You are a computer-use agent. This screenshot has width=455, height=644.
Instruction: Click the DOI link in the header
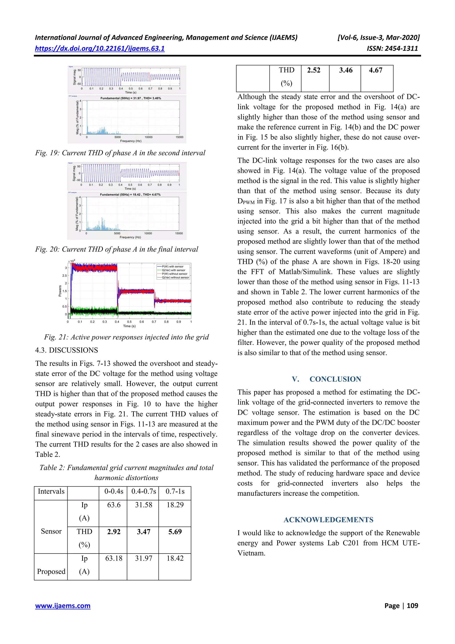point(100,48)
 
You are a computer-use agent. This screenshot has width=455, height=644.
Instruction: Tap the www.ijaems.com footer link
point(63,606)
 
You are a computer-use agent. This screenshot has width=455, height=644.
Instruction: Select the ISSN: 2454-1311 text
point(392,48)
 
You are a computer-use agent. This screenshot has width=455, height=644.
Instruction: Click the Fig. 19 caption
point(120,153)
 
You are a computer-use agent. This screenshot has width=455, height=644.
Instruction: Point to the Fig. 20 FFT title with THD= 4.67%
point(130,194)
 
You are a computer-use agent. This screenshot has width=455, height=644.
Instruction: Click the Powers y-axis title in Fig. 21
point(60,291)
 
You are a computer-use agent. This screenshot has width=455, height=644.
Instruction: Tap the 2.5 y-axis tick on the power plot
point(64,275)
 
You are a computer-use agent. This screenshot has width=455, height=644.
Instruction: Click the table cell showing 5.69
point(175,532)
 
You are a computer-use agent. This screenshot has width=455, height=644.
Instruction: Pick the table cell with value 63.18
point(114,558)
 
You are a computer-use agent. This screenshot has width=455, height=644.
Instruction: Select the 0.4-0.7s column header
point(144,492)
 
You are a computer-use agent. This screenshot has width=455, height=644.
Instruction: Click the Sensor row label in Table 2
point(51,531)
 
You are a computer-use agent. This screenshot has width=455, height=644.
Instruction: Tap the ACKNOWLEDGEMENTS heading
point(328,520)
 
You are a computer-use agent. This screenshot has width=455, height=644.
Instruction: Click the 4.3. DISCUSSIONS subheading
point(66,350)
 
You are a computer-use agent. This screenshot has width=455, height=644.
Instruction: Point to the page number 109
point(412,606)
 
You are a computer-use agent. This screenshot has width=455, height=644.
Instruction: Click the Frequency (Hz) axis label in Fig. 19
point(131,141)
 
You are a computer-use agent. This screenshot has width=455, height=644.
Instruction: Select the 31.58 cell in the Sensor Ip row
point(144,505)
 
